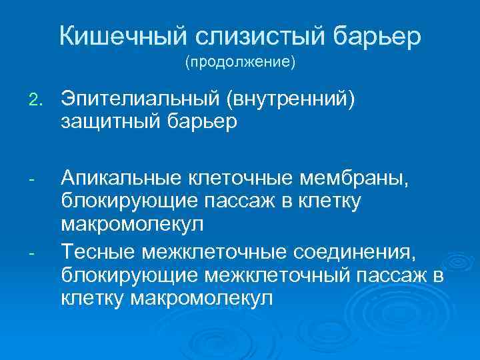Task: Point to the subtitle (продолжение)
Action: pos(240,64)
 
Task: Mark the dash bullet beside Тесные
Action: pos(34,253)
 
